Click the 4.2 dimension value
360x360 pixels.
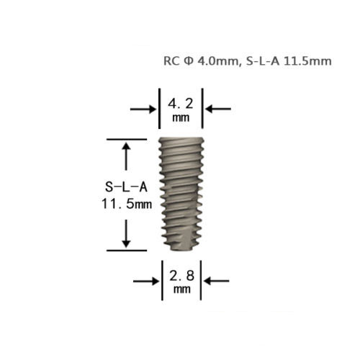(x=181, y=104)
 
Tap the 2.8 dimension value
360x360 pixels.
(x=182, y=276)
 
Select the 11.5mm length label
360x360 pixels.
(x=127, y=204)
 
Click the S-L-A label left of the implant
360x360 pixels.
(x=126, y=186)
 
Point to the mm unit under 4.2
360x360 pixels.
(x=181, y=118)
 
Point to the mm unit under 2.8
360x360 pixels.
(x=182, y=289)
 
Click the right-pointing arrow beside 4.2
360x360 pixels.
(x=143, y=109)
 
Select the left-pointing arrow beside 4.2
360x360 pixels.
(x=218, y=109)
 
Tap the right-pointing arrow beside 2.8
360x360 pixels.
(x=146, y=281)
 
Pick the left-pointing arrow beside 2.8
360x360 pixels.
(x=216, y=281)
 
